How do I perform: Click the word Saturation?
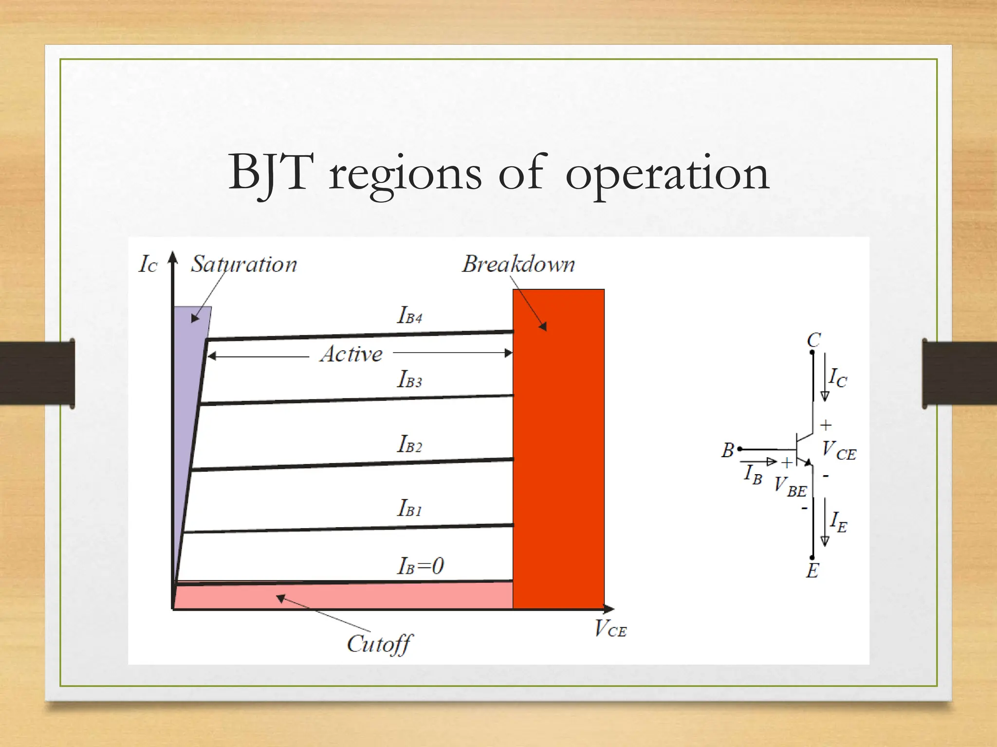(x=243, y=265)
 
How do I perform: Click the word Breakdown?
(x=518, y=265)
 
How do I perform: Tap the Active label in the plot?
(x=351, y=354)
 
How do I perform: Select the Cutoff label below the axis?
(x=379, y=644)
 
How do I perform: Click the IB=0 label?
(x=421, y=566)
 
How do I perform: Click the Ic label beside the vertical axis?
(x=148, y=265)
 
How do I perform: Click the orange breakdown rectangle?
(x=558, y=462)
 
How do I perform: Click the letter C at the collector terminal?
(x=813, y=339)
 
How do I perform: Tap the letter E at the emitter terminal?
(x=812, y=570)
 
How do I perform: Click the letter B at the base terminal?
(x=727, y=450)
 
